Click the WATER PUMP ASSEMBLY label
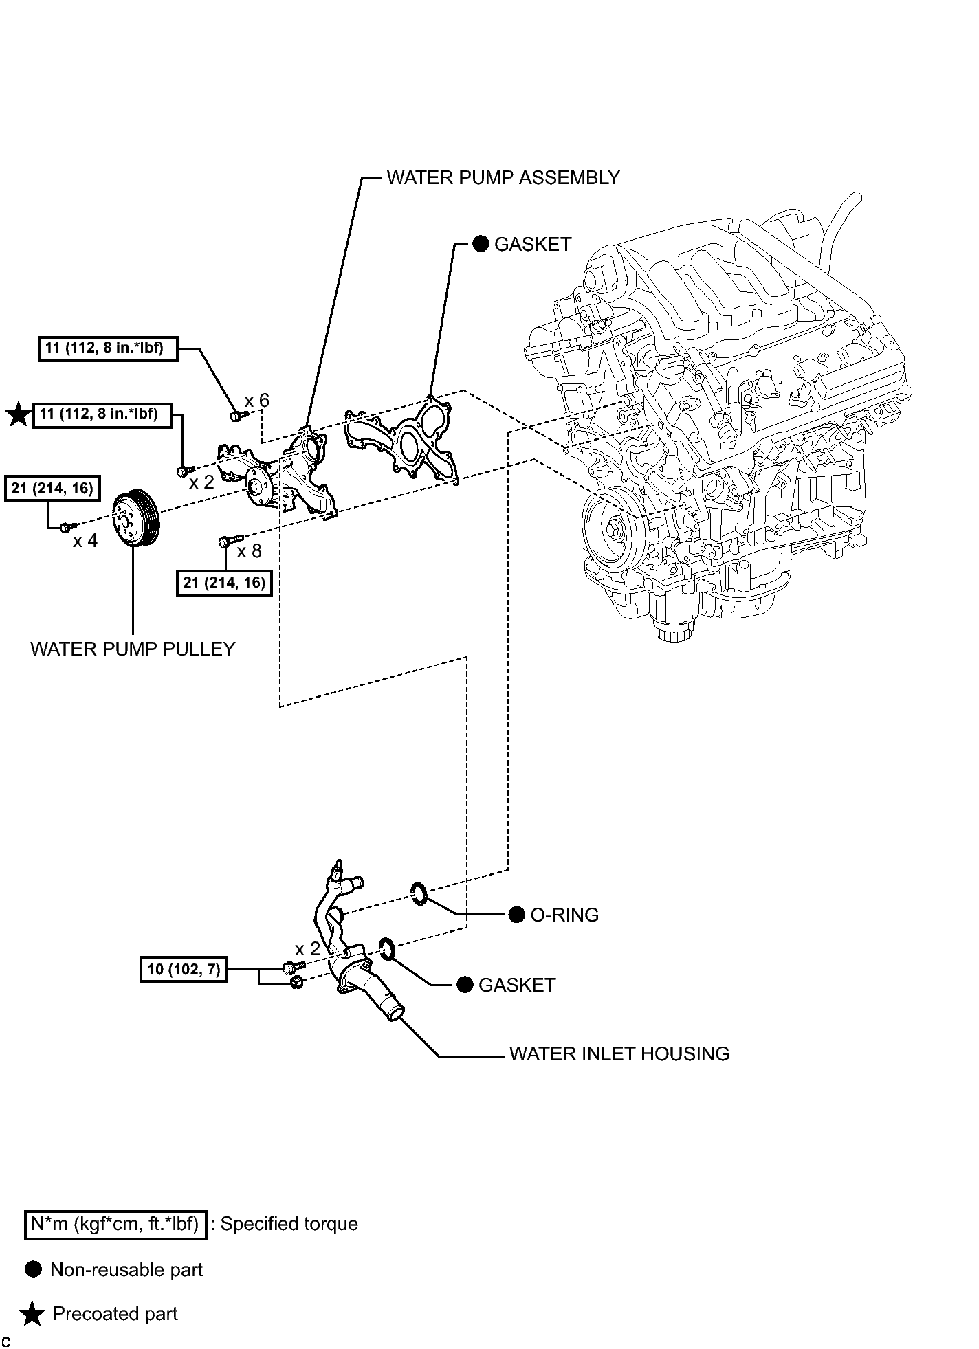tap(503, 177)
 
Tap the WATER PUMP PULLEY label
tap(133, 649)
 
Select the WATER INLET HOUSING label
tap(619, 1053)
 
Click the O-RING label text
tap(564, 915)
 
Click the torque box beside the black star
tap(102, 414)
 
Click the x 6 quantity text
tap(257, 401)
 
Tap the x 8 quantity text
tap(250, 550)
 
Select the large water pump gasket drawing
tap(401, 436)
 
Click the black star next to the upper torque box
tap(19, 414)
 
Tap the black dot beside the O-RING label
tap(517, 915)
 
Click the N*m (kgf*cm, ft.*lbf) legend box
tap(115, 1223)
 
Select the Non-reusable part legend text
tap(126, 1269)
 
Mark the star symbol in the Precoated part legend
tap(32, 1315)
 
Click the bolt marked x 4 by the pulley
tap(67, 526)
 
